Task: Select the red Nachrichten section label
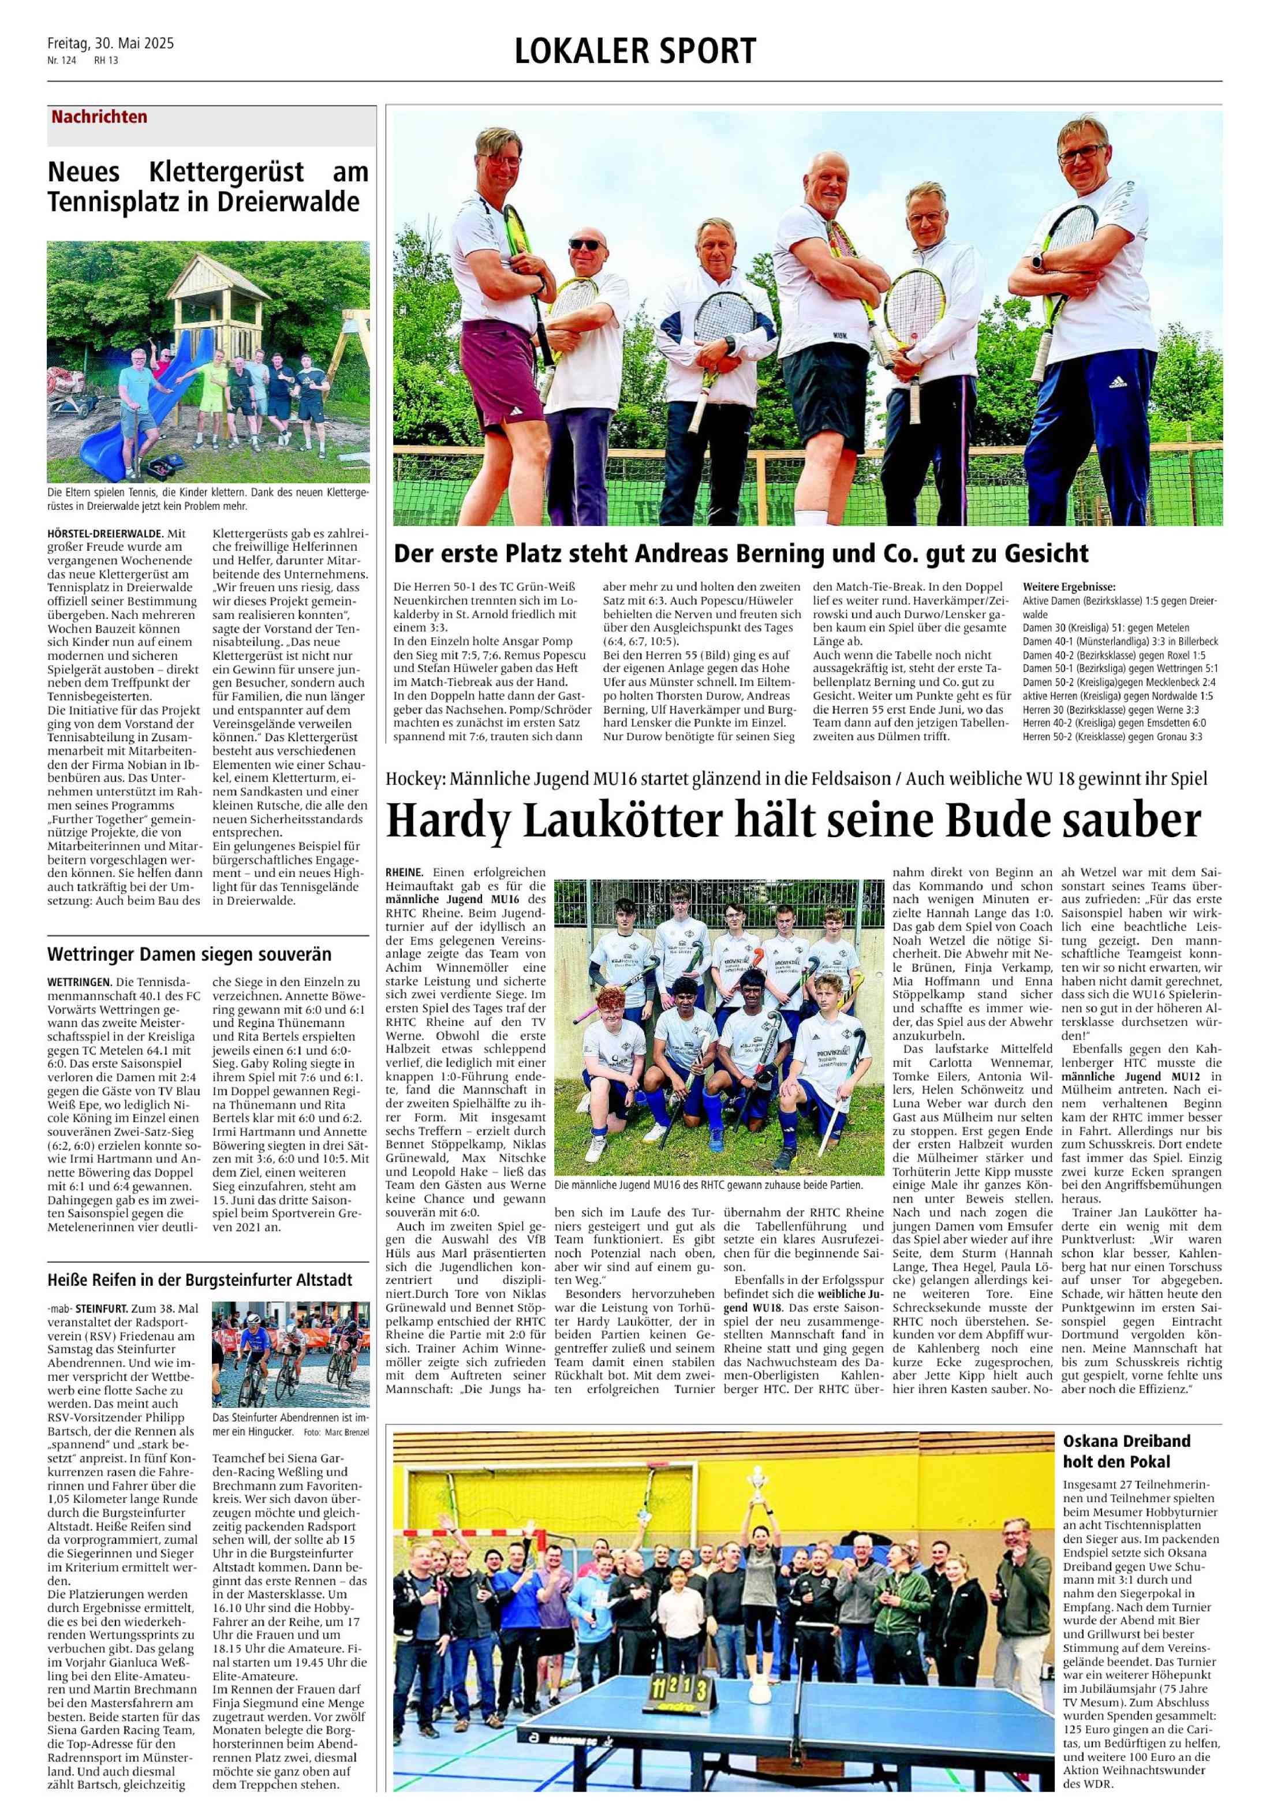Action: point(99,117)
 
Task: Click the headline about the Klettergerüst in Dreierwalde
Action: point(208,186)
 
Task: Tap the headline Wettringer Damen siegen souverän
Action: point(189,954)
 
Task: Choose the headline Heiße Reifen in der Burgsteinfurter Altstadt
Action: point(199,1279)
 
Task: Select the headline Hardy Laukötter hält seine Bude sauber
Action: point(793,822)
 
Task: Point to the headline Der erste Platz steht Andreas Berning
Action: point(741,553)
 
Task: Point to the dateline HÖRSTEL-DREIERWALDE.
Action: point(105,533)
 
